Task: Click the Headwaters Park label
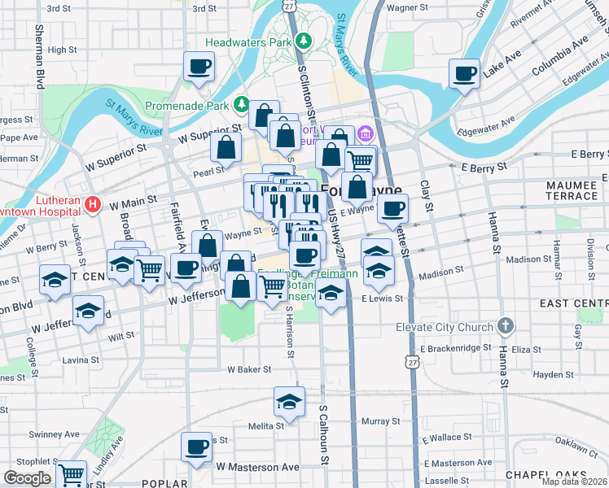(248, 41)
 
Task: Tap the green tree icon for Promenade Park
(242, 104)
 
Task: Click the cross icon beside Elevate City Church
(506, 327)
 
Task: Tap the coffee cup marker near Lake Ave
(465, 74)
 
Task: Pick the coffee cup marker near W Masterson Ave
(196, 447)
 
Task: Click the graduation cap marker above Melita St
(288, 401)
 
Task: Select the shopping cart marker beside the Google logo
(72, 473)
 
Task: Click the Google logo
(27, 478)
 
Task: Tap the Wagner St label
(407, 7)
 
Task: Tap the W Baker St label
(248, 369)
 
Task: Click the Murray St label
(375, 421)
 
